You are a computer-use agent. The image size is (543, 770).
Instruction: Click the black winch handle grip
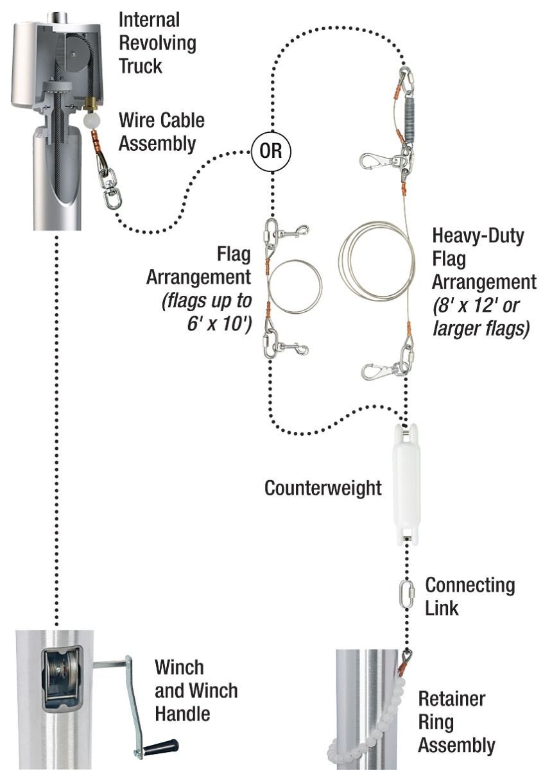click(160, 746)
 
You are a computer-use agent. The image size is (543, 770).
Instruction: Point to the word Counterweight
click(323, 488)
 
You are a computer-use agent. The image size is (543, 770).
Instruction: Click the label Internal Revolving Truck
click(157, 42)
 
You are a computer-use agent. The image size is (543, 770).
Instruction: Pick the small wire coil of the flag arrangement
click(295, 286)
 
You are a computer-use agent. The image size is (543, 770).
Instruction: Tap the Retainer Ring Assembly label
click(456, 722)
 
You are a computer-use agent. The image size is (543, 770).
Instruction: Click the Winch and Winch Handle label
click(196, 690)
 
